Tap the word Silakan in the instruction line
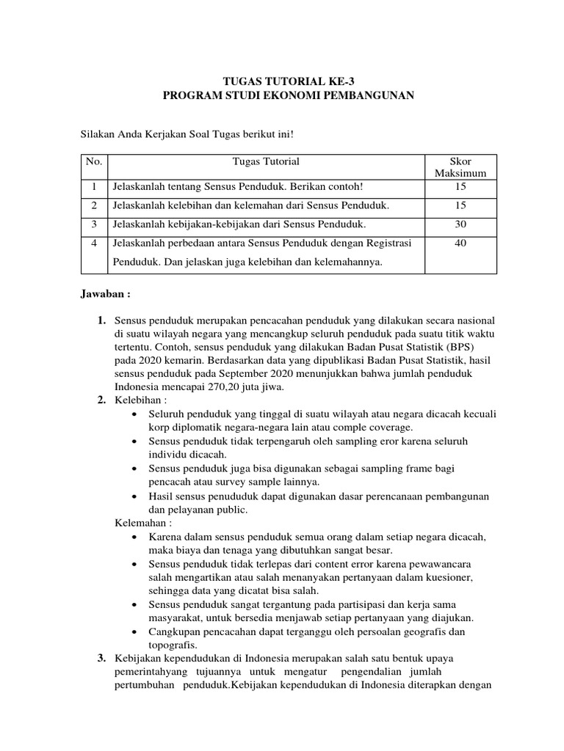click(96, 134)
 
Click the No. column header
click(94, 161)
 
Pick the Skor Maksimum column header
click(460, 167)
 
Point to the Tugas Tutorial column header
click(265, 161)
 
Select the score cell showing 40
click(460, 243)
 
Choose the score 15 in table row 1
click(460, 187)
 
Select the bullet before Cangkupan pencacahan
click(132, 631)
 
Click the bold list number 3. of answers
click(102, 658)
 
